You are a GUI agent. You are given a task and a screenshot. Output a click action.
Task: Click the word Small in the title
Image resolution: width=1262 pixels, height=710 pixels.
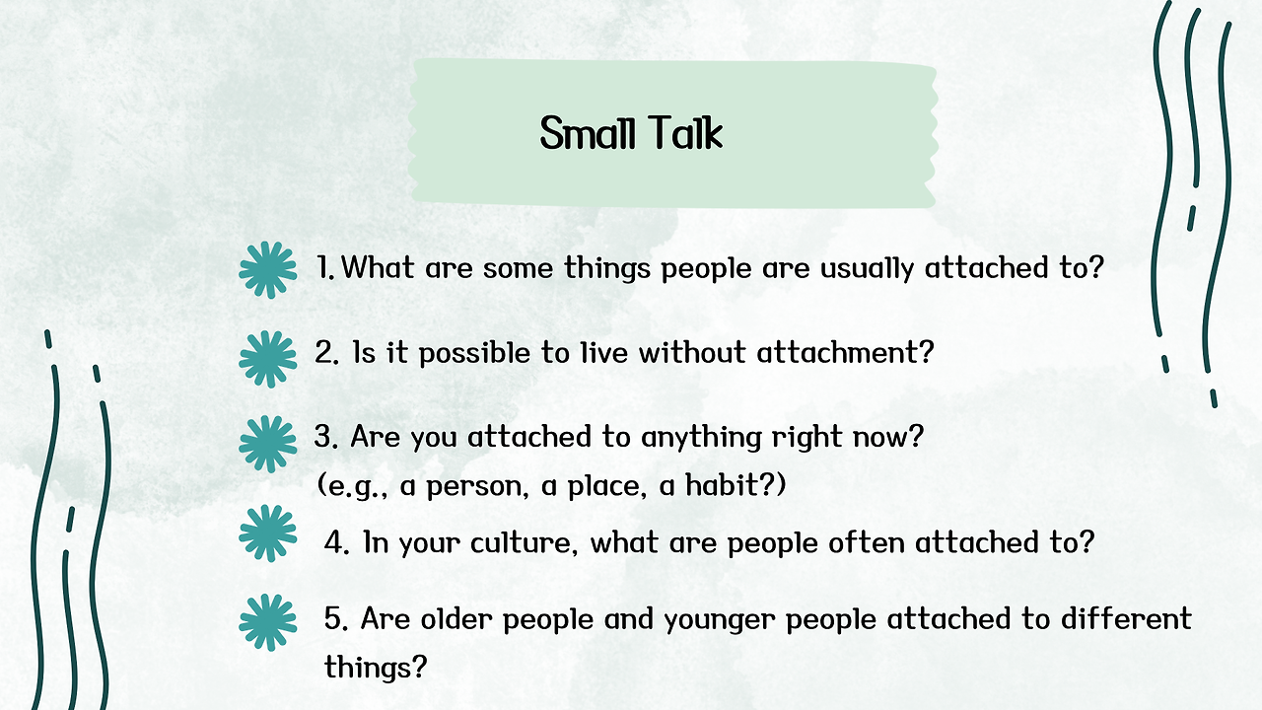click(x=587, y=133)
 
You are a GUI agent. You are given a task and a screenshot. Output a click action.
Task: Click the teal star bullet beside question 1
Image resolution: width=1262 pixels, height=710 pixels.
click(x=267, y=270)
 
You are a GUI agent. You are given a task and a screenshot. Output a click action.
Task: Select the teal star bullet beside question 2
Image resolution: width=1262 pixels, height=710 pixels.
click(x=267, y=360)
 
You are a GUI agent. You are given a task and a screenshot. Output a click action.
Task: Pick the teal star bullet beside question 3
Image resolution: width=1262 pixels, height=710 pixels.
click(x=267, y=444)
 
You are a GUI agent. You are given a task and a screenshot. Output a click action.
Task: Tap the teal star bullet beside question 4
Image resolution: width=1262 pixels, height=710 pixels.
click(x=267, y=533)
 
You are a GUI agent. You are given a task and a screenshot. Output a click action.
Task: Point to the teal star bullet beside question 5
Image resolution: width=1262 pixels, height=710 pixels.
click(x=267, y=622)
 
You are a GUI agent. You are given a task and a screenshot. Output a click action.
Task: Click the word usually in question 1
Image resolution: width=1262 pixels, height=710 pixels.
click(x=867, y=269)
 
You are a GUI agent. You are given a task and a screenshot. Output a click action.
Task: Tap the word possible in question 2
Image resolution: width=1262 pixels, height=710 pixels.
click(x=474, y=354)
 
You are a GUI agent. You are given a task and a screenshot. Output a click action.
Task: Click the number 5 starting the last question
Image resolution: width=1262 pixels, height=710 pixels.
click(x=334, y=618)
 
